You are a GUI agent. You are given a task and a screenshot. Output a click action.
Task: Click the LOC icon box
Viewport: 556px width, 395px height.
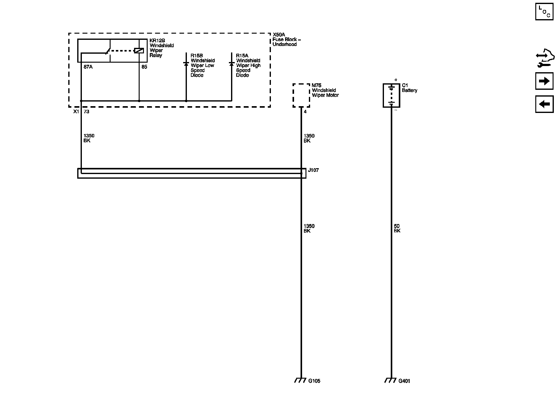coord(544,11)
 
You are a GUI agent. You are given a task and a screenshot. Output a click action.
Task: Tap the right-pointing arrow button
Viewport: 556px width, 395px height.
coord(544,81)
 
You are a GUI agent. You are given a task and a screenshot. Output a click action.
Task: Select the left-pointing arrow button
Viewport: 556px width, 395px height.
coord(544,104)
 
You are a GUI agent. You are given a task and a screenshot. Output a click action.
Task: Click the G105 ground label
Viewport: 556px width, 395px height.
coord(314,381)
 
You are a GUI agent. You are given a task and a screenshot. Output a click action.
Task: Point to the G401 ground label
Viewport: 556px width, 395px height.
coord(404,381)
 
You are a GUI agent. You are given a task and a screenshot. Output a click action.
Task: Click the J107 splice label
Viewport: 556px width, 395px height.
coord(313,170)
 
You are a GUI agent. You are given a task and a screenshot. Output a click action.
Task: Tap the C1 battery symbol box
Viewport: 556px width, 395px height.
coord(391,95)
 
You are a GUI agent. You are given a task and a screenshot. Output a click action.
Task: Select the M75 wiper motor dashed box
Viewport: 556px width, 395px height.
coord(301,95)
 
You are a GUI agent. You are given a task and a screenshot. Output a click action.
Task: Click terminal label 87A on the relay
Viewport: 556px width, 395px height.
coord(88,67)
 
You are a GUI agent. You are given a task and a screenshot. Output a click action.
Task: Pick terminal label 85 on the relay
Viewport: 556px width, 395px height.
coord(144,67)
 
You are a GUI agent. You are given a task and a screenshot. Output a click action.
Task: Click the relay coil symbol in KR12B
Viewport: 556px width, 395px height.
coord(139,51)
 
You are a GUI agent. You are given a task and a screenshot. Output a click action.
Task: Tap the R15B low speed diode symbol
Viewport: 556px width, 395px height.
coord(186,64)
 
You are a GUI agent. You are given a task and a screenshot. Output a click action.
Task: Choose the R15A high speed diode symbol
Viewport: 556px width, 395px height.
coord(231,64)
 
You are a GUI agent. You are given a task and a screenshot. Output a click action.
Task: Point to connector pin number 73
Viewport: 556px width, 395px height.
coord(86,112)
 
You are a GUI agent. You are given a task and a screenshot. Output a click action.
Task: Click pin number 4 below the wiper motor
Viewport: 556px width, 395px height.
coord(305,112)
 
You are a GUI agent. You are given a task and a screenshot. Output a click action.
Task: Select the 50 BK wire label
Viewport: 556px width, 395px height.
coord(397,228)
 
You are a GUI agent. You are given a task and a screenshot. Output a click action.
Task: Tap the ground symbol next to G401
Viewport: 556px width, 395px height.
coord(390,380)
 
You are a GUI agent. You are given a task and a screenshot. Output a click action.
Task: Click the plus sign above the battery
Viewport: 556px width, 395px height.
coord(396,80)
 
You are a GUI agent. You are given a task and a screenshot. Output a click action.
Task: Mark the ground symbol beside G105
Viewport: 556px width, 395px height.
coord(301,380)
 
